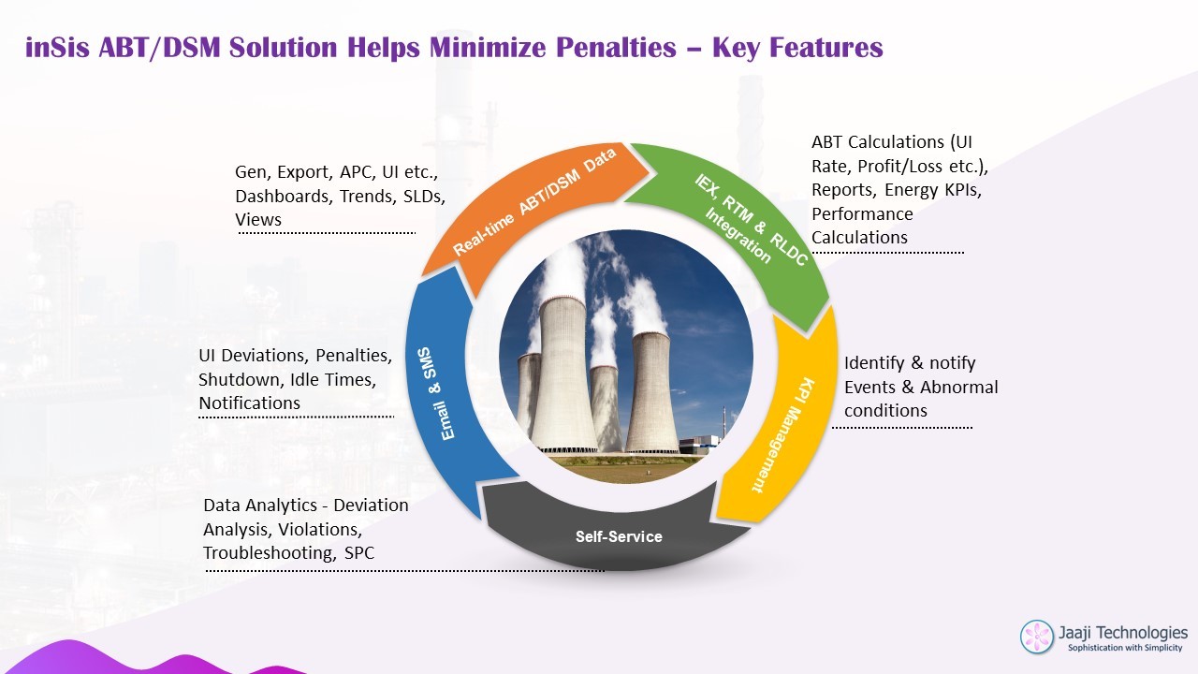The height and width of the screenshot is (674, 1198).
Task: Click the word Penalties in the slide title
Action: click(616, 47)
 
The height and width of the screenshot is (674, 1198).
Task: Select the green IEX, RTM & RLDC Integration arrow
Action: click(749, 225)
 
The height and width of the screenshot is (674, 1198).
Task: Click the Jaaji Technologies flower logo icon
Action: click(1037, 637)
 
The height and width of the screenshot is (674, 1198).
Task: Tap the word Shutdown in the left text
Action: click(241, 380)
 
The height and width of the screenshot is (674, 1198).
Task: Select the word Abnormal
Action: click(959, 387)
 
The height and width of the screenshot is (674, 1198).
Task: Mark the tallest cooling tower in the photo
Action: click(562, 374)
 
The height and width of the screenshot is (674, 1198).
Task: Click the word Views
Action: click(258, 220)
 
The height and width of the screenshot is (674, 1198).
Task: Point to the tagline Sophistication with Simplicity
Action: click(1125, 648)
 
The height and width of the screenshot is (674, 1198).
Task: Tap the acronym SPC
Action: click(358, 552)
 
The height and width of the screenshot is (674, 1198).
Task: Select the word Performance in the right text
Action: click(862, 214)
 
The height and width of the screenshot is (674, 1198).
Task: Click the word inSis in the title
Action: click(57, 47)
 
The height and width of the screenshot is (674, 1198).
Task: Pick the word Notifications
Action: click(249, 403)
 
